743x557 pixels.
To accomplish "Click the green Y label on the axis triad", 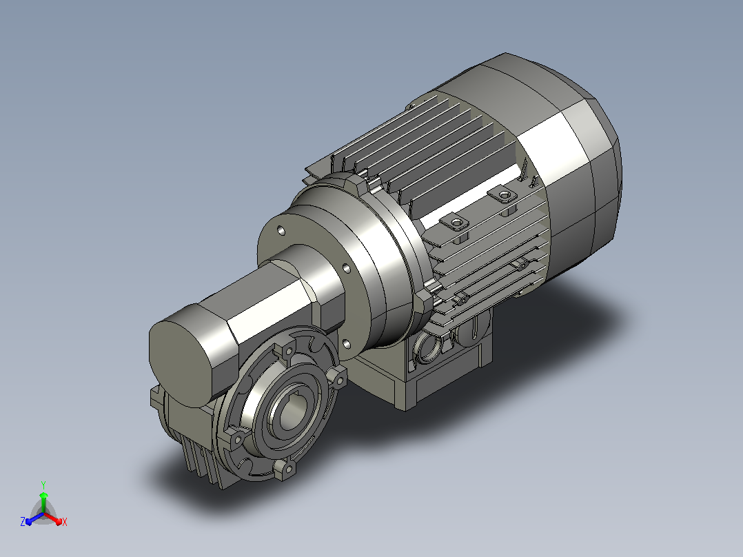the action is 43,485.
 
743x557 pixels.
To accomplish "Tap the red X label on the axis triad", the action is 65,522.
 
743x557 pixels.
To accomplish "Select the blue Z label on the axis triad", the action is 23,521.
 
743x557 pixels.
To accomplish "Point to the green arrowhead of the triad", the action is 43,496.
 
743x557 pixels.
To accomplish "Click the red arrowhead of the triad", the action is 59,521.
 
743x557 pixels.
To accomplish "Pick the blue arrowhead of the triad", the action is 29,521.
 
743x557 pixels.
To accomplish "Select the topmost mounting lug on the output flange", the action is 287,352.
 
